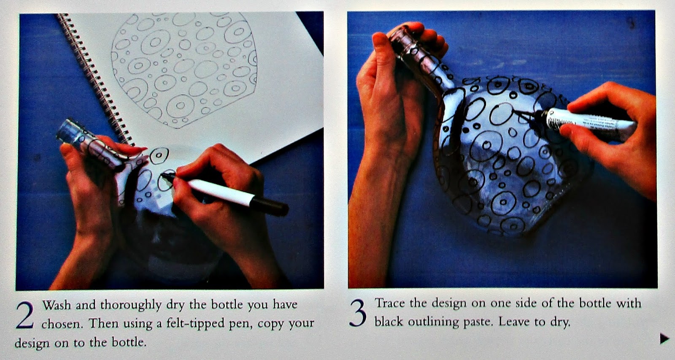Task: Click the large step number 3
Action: click(x=358, y=313)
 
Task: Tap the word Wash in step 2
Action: click(x=57, y=305)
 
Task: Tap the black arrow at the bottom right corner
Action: click(x=664, y=338)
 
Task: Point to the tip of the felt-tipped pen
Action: click(x=163, y=175)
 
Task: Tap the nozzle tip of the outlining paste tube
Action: click(x=513, y=111)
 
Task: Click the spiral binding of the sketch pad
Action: click(x=95, y=79)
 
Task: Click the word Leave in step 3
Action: click(x=515, y=322)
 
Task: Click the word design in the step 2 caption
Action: click(x=32, y=343)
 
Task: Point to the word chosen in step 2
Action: click(x=62, y=324)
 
